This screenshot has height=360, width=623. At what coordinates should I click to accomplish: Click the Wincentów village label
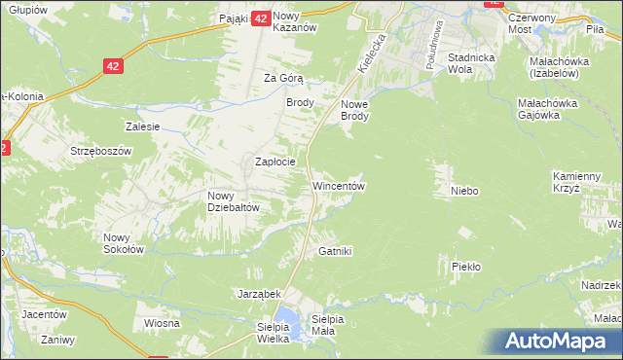[x=338, y=185]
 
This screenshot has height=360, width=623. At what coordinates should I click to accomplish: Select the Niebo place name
[x=463, y=191]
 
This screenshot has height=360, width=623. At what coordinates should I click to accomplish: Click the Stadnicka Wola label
[x=473, y=64]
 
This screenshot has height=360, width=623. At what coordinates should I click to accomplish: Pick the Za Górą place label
[x=285, y=79]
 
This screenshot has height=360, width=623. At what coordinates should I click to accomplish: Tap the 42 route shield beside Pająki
[x=260, y=18]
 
